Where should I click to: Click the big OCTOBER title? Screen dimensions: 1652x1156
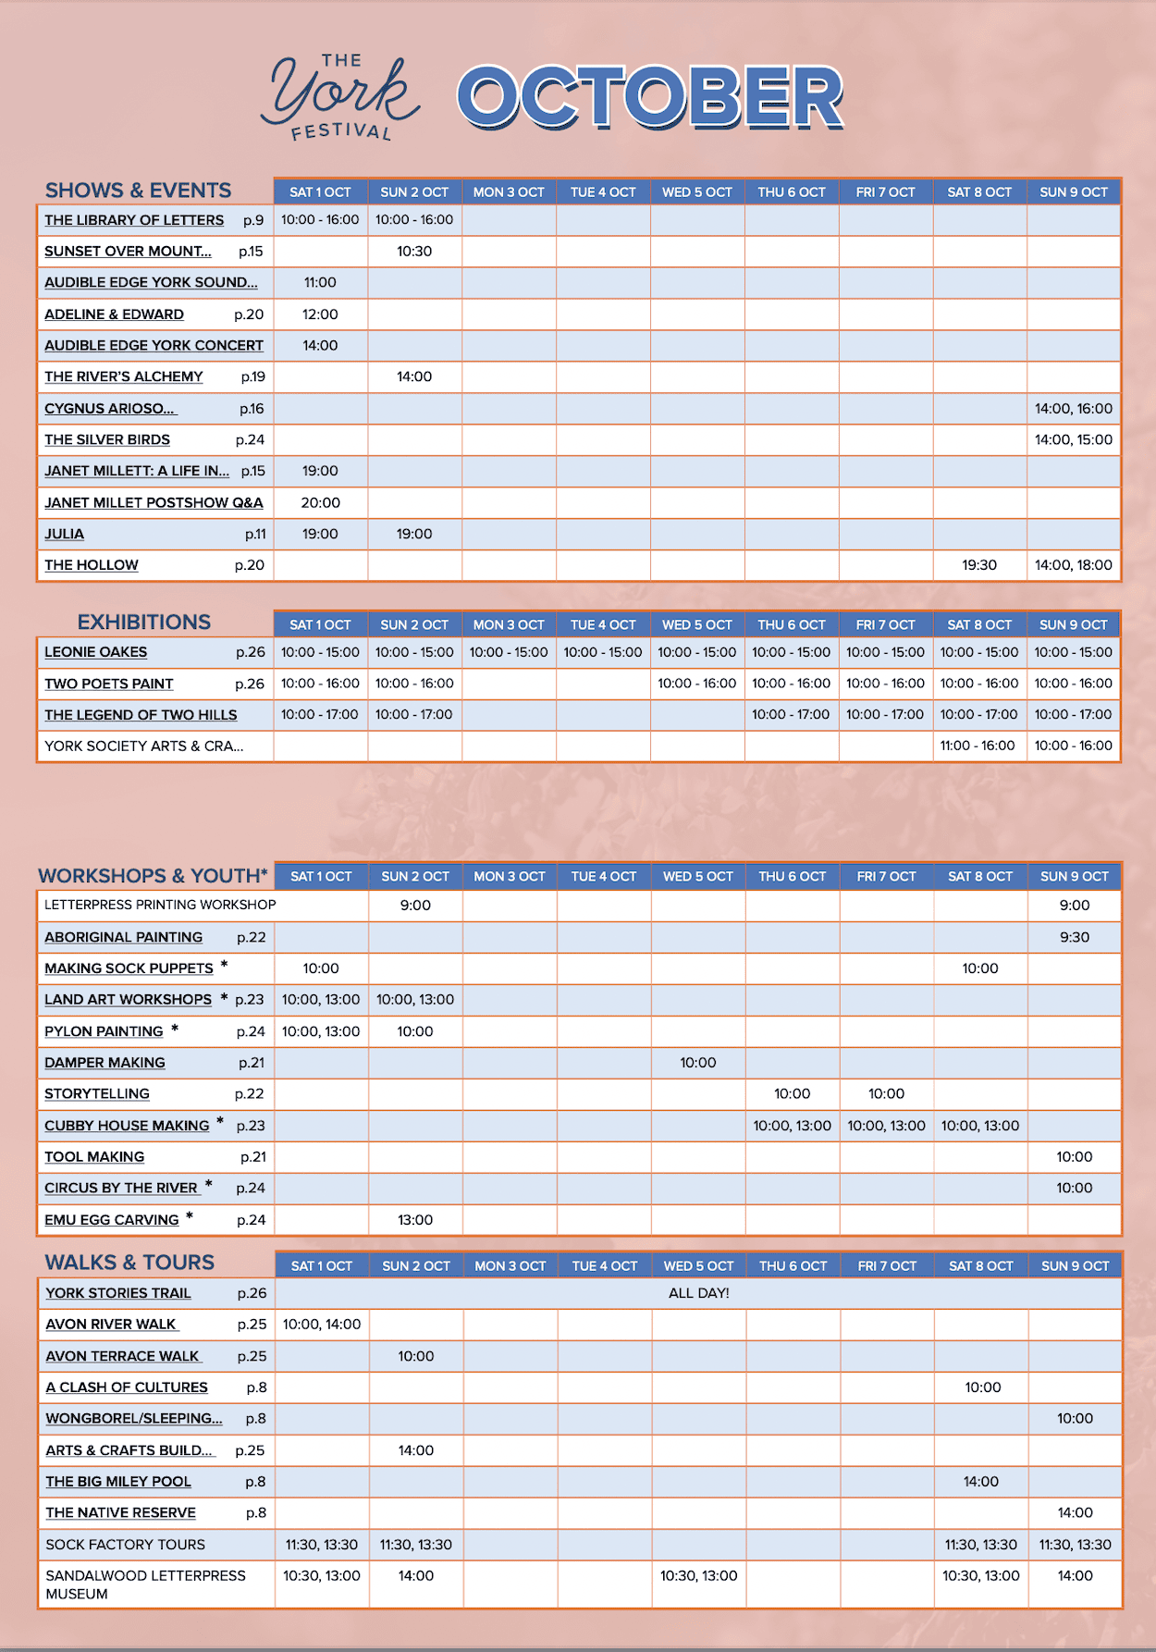[649, 97]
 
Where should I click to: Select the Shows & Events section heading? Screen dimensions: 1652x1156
[139, 191]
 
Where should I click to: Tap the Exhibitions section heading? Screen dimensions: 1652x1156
[143, 622]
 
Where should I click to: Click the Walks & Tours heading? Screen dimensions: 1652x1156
[129, 1263]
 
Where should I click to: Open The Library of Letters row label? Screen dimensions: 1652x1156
[134, 220]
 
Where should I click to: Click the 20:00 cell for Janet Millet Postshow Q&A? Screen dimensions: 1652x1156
[320, 503]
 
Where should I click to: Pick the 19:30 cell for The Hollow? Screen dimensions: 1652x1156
[979, 565]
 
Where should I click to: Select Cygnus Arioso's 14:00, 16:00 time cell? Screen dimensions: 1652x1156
[1074, 409]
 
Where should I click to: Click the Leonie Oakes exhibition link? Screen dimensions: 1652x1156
[96, 652]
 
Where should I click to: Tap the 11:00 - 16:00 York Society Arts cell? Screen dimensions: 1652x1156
[978, 746]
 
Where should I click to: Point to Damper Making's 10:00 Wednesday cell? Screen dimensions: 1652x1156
[698, 1063]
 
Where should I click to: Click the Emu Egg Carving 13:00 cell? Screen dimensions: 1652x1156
[415, 1220]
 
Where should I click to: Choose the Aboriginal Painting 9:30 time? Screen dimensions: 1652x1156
[1075, 937]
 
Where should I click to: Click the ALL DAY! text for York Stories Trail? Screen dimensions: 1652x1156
[699, 1293]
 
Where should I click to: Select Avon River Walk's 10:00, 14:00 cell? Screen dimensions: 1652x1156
[322, 1325]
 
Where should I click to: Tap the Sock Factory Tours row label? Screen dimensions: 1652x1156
[126, 1545]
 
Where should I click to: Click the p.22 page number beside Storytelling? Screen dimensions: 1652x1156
[250, 1094]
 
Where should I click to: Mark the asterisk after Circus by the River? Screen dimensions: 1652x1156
[209, 1185]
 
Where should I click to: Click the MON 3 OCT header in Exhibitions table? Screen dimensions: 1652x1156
[509, 625]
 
